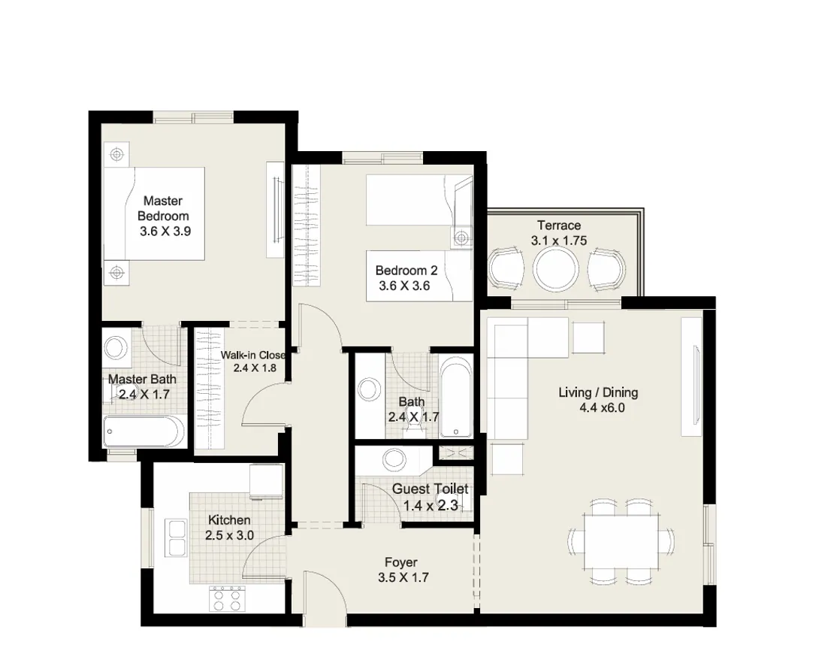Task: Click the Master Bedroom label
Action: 163,208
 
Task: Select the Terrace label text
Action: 558,226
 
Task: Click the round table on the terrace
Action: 556,268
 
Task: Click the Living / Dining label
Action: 597,392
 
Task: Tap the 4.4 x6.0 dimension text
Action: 601,408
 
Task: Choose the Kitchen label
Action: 229,520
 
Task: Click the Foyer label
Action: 400,562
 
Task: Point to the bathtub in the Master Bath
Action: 144,431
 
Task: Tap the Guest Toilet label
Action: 430,489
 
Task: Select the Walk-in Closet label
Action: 252,356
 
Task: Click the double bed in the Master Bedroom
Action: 156,213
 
